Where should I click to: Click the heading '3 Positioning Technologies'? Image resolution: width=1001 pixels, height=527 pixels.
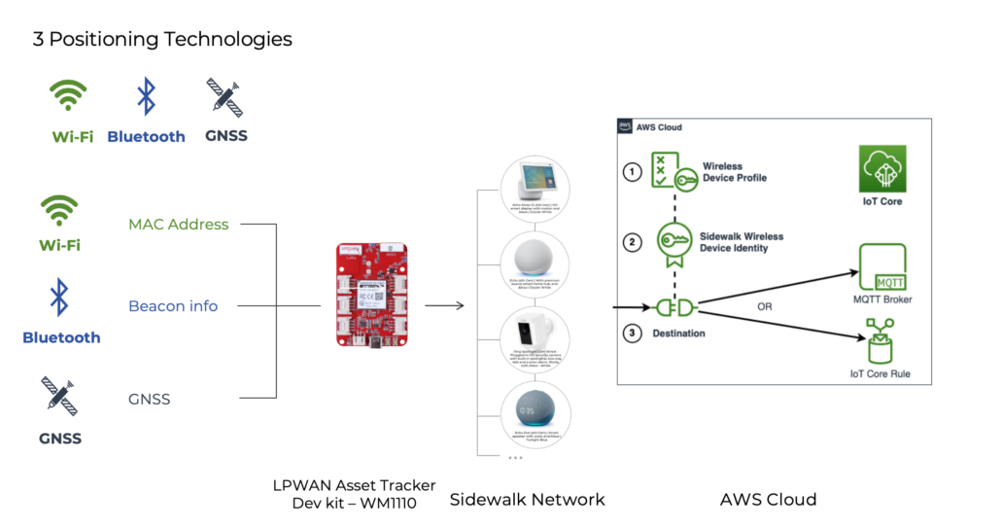[x=162, y=40]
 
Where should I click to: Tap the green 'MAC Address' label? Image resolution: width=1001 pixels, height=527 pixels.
[x=179, y=225]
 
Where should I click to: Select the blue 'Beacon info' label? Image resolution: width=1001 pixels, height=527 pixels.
[x=173, y=306]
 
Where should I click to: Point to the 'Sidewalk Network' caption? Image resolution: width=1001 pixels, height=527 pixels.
[x=527, y=500]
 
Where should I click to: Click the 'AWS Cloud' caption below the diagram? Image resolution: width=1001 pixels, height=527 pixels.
[x=768, y=500]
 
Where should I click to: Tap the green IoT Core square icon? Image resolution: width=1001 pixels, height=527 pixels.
[x=881, y=169]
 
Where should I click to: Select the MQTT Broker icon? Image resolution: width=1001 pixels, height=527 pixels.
[x=882, y=267]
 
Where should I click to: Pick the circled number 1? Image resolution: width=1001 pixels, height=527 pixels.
[x=633, y=172]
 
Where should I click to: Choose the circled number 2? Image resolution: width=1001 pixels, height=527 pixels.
[x=633, y=242]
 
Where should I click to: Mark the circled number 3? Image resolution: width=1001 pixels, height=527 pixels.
[x=633, y=334]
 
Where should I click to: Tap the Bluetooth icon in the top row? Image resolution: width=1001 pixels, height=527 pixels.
[x=146, y=97]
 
